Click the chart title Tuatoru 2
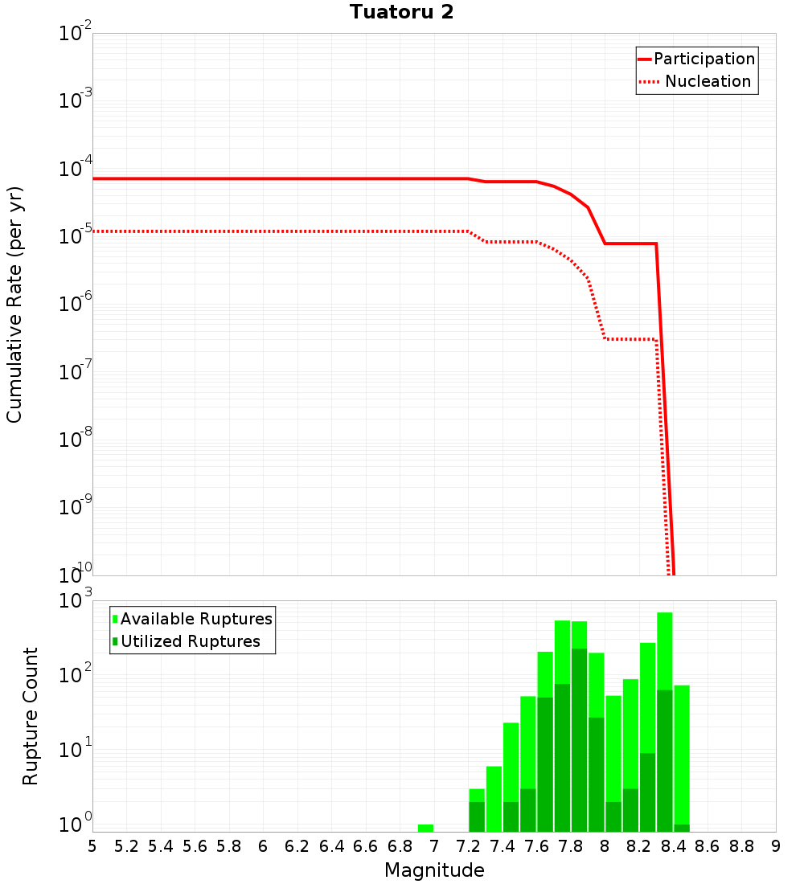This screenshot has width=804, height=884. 401,12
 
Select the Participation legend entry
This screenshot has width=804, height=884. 703,59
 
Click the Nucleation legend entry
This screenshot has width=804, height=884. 707,82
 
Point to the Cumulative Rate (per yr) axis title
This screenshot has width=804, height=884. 14,305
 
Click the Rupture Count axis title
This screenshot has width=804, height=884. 31,715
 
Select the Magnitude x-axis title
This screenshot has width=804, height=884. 434,870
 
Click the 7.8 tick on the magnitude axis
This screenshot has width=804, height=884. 570,846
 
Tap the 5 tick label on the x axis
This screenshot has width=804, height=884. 92,846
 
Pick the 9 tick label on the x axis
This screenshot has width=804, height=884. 776,846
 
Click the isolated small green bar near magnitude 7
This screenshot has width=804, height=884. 425,828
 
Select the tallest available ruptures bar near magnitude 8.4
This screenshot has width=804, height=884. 665,643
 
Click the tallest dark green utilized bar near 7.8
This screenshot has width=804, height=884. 579,739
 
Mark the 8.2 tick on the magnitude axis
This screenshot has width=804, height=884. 638,846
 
